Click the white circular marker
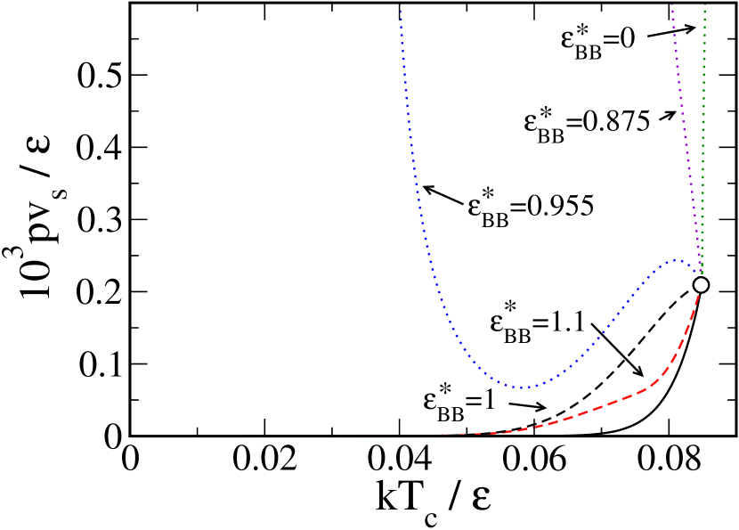pyautogui.click(x=701, y=285)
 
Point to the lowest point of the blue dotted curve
pyautogui.click(x=522, y=387)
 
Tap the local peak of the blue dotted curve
pyautogui.click(x=676, y=260)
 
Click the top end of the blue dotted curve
pyautogui.click(x=401, y=7)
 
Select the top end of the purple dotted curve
pyautogui.click(x=671, y=4)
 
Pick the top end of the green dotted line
pyautogui.click(x=704, y=5)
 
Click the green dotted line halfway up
pyautogui.click(x=702, y=143)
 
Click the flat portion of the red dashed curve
pyautogui.click(x=445, y=435)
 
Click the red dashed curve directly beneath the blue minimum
pyautogui.click(x=522, y=430)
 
